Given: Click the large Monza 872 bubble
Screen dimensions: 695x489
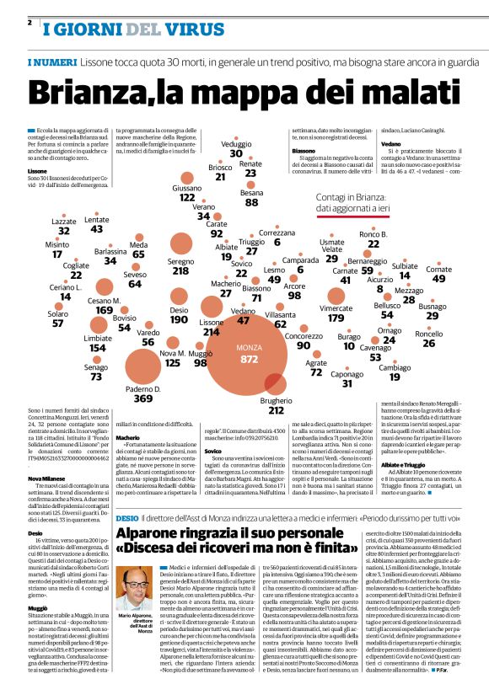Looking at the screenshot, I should [x=248, y=352].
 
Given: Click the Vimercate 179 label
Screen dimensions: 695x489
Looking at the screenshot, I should [x=336, y=313].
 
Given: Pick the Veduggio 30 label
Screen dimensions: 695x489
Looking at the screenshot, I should [x=236, y=149].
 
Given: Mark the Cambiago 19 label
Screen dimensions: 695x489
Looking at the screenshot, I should [x=395, y=372].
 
